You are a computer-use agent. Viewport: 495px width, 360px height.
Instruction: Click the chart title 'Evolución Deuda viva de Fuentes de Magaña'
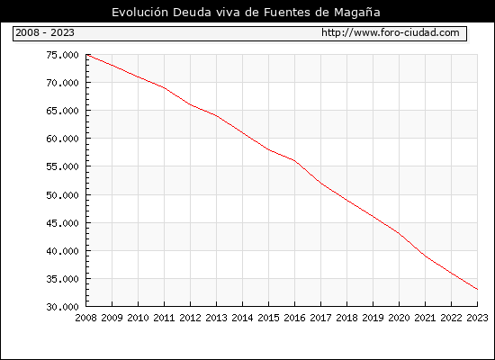[x=246, y=13]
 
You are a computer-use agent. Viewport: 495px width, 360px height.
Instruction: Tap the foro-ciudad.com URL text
[x=391, y=32]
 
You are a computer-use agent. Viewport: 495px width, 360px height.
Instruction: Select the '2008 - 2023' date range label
[x=45, y=32]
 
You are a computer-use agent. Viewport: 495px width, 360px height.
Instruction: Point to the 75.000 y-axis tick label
[x=62, y=55]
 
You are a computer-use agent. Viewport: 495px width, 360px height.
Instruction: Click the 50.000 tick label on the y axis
[x=62, y=194]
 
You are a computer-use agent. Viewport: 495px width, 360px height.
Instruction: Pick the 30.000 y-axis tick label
[x=62, y=307]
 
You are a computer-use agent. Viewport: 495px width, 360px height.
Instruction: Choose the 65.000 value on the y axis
[x=62, y=111]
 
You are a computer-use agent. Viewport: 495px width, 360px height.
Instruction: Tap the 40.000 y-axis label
[x=62, y=251]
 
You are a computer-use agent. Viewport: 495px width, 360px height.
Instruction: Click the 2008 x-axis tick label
[x=85, y=318]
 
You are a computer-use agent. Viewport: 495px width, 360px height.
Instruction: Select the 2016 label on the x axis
[x=294, y=318]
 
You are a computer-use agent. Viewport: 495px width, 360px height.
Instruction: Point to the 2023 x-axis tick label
[x=477, y=318]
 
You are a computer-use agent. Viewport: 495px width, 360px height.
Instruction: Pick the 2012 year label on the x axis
[x=191, y=318]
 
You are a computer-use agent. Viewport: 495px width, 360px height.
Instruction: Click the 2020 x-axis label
[x=399, y=318]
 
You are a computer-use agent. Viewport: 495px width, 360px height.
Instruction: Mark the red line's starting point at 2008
[x=86, y=55]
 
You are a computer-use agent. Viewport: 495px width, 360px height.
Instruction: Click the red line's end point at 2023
[x=477, y=289]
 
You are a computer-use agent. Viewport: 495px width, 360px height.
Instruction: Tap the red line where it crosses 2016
[x=294, y=161]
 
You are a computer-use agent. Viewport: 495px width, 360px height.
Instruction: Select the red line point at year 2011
[x=164, y=88]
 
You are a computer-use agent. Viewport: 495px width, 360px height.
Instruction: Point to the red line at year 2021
[x=425, y=256]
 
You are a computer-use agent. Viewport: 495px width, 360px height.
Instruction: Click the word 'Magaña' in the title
[x=357, y=13]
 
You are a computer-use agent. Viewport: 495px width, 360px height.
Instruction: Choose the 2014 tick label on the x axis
[x=242, y=318]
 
